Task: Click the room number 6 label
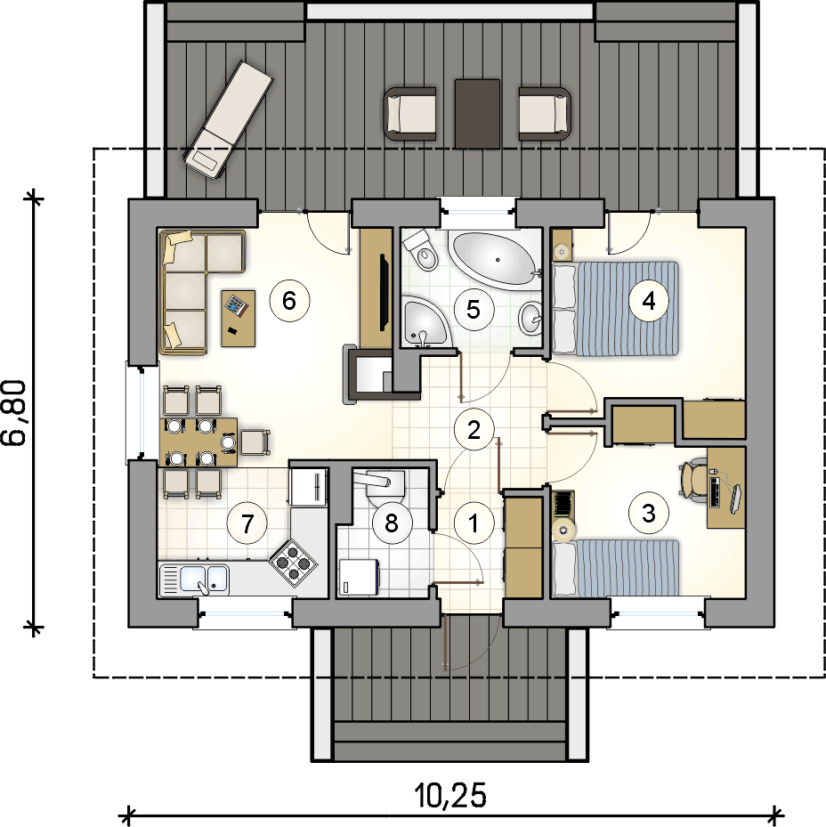click(289, 301)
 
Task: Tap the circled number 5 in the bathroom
click(474, 309)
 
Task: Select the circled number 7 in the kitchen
click(247, 523)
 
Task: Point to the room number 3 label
click(649, 513)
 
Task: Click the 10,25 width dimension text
click(449, 795)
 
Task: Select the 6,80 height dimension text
click(13, 413)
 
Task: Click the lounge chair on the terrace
click(229, 121)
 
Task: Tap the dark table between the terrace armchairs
click(477, 113)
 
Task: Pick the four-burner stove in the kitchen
click(293, 563)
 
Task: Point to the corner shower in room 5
click(426, 321)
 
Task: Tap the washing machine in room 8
click(359, 577)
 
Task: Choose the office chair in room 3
click(692, 478)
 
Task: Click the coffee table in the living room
click(238, 318)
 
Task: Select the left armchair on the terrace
click(409, 114)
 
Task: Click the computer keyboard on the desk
click(717, 491)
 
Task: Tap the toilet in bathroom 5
click(421, 250)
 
